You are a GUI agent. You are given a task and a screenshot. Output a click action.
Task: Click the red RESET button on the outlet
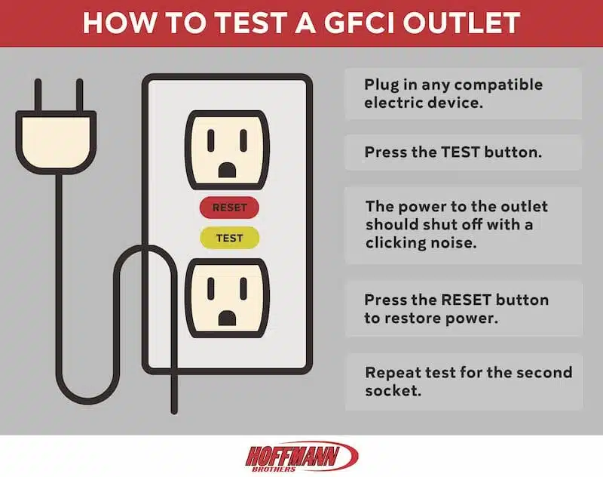coord(229,207)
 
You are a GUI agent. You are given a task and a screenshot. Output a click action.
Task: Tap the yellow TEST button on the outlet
coord(229,238)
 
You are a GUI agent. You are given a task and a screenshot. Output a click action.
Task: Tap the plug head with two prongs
coord(55,137)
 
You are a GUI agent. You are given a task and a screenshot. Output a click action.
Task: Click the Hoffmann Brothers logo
coord(301,456)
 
